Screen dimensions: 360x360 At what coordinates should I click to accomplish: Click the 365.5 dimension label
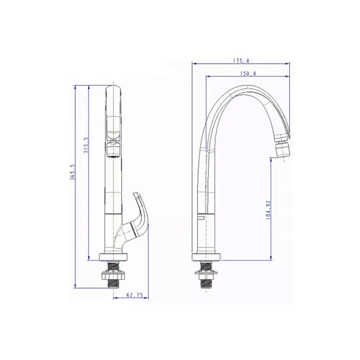coord(73,172)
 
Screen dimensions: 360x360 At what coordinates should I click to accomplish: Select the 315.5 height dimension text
coord(87,146)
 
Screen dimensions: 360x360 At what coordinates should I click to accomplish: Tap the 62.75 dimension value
coord(135,295)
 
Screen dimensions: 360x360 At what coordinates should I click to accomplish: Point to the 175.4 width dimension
coord(241,61)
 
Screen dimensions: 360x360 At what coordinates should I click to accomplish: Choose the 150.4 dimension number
coord(248,73)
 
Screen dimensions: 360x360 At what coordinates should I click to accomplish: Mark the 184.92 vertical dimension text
coord(268,210)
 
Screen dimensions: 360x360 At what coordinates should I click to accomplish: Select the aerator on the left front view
coord(113,150)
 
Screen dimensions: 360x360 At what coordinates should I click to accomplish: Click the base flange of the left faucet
coord(113,257)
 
